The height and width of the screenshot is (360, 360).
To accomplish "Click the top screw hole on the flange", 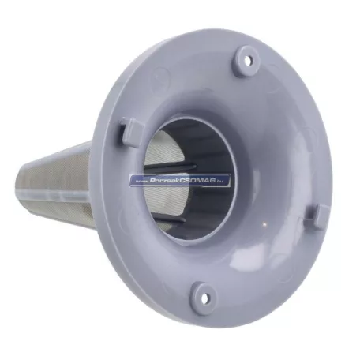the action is [247, 62].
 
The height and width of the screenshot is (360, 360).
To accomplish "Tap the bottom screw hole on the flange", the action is [204, 297].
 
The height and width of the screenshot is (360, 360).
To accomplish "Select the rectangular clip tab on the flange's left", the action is [130, 131].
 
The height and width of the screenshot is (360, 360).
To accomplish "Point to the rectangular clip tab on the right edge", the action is [321, 217].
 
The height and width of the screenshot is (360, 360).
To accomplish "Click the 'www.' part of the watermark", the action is [143, 182].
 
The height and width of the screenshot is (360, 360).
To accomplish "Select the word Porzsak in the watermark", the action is [163, 181].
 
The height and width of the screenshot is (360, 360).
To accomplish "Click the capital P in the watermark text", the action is [152, 181].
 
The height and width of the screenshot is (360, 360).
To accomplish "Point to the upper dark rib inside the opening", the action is [171, 166].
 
